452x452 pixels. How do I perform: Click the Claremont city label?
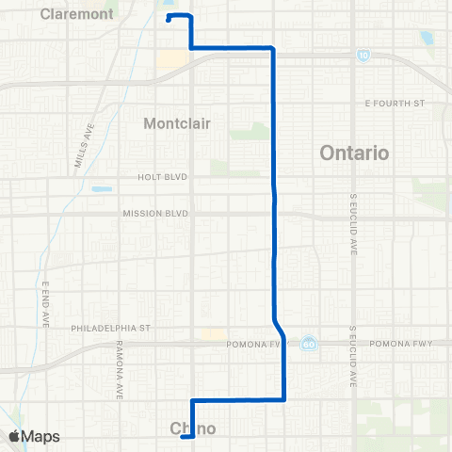click(x=77, y=14)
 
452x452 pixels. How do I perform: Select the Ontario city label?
click(x=354, y=153)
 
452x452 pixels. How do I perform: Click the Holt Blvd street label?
click(x=163, y=177)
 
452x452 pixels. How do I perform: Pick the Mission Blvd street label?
click(x=155, y=214)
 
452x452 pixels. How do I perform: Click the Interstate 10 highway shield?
click(x=364, y=56)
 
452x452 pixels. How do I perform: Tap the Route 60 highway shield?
click(x=309, y=344)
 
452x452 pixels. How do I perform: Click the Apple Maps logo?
click(x=34, y=436)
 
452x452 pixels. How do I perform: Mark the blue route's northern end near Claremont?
click(x=168, y=19)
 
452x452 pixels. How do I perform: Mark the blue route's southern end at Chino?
click(x=183, y=436)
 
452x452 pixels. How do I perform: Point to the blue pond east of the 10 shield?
click(x=427, y=40)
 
